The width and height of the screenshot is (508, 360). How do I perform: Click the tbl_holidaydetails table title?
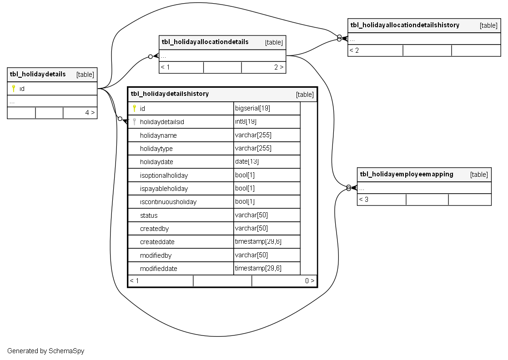click(38, 74)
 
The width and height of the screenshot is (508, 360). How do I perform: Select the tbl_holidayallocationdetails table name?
click(205, 42)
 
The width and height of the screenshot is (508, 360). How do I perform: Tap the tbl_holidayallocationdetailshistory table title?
click(405, 25)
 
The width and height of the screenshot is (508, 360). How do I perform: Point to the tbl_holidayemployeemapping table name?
click(407, 174)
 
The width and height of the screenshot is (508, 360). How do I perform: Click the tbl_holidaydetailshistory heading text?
click(170, 94)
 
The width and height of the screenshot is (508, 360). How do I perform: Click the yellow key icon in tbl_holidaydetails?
click(14, 89)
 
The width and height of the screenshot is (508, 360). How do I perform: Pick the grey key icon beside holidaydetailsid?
click(134, 122)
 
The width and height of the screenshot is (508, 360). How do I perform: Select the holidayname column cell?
click(158, 135)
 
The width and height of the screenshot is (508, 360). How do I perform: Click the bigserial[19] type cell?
click(253, 109)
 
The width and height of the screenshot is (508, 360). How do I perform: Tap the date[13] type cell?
click(247, 161)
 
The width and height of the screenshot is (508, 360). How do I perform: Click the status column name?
click(149, 215)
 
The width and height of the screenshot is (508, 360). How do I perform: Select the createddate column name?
click(157, 242)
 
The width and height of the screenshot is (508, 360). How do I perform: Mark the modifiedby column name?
click(156, 255)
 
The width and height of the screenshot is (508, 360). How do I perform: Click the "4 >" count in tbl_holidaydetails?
click(90, 112)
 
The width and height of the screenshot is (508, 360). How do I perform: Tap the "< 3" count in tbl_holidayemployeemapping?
click(363, 200)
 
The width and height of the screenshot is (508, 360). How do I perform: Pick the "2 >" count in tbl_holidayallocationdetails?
click(279, 67)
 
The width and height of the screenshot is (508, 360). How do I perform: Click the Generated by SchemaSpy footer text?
click(45, 351)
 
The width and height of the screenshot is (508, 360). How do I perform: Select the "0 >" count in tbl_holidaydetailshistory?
click(310, 281)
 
